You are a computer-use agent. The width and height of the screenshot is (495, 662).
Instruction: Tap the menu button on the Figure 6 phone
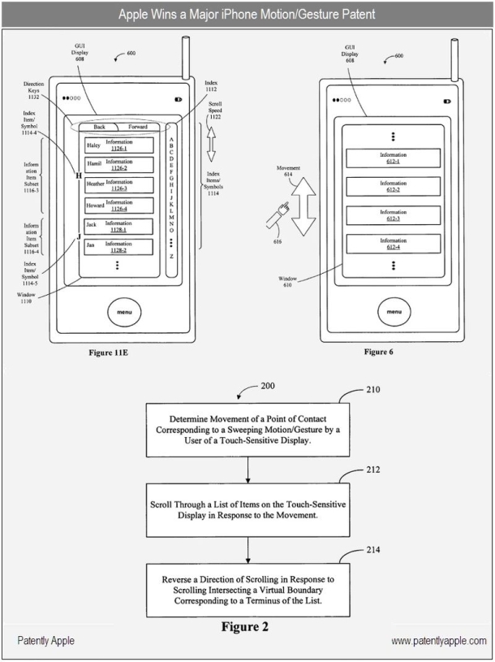pyautogui.click(x=393, y=311)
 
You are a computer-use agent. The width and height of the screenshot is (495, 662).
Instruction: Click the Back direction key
pyautogui.click(x=99, y=128)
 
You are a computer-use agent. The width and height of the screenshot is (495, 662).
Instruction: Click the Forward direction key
pyautogui.click(x=138, y=128)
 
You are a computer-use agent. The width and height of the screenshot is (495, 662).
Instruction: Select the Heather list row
pyautogui.click(x=120, y=185)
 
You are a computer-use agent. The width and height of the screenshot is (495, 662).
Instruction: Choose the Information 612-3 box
pyautogui.click(x=393, y=214)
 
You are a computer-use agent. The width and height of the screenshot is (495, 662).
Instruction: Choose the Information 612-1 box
pyautogui.click(x=393, y=158)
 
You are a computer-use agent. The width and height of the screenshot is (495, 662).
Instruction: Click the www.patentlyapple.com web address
pyautogui.click(x=438, y=641)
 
